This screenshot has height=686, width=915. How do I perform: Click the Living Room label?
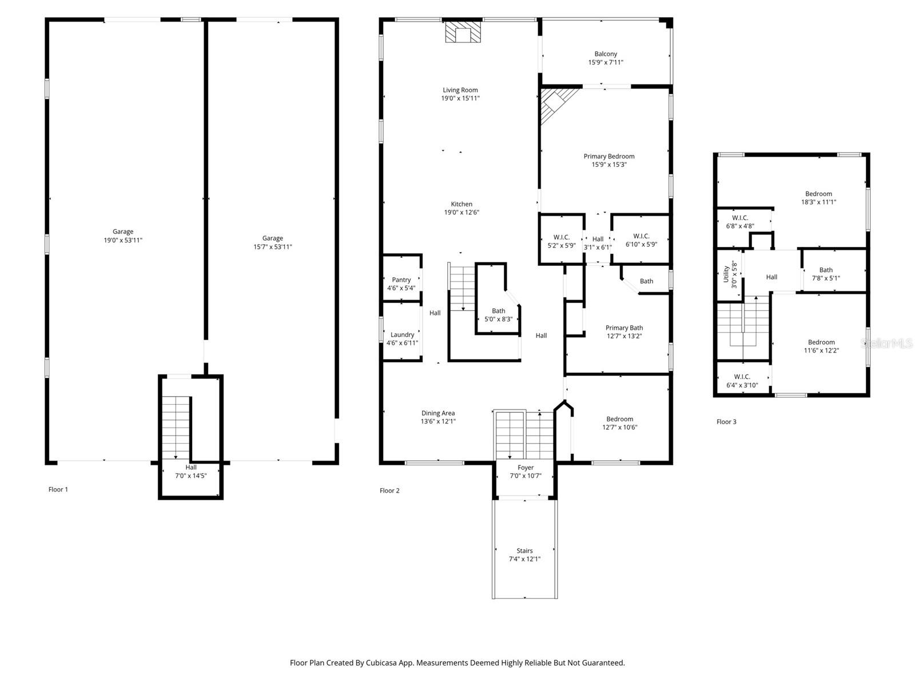tap(460, 90)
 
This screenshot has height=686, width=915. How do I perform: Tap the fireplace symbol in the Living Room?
tap(463, 32)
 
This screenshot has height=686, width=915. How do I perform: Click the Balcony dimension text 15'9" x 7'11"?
tap(606, 62)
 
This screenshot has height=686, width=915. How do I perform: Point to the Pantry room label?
tap(401, 280)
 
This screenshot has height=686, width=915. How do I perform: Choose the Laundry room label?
tap(402, 334)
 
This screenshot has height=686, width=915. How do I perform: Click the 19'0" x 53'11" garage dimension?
tap(122, 240)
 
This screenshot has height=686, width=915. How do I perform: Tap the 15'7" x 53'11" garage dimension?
tap(273, 247)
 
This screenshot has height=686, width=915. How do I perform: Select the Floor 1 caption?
tap(58, 489)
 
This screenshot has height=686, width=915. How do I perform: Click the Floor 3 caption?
tap(726, 422)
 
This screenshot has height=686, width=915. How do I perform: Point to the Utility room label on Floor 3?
tap(726, 274)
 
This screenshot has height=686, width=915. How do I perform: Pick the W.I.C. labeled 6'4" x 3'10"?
tap(742, 381)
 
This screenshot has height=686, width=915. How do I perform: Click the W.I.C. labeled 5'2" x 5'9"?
tap(561, 241)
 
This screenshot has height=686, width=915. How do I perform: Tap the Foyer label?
tap(525, 468)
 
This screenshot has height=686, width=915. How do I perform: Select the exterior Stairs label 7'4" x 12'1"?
tap(524, 555)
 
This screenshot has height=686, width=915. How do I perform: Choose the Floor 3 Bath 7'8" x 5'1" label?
tap(826, 274)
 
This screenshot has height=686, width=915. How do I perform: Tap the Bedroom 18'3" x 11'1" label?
tap(818, 198)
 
